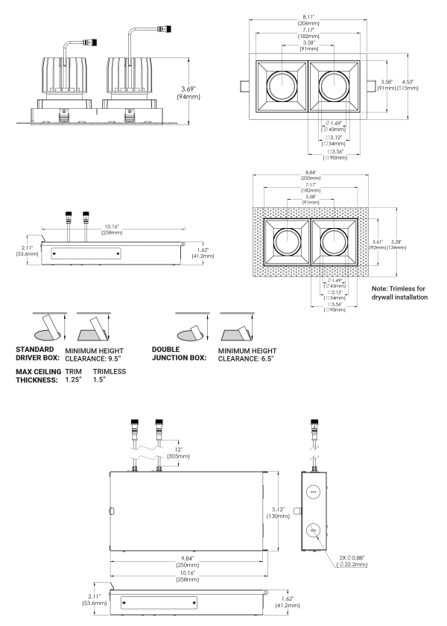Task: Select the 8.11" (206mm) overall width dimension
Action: click(x=308, y=20)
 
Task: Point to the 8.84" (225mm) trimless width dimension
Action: click(x=311, y=175)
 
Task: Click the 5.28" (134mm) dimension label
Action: click(x=396, y=244)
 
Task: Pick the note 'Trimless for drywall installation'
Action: click(x=399, y=293)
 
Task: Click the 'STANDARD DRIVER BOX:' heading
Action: click(x=37, y=354)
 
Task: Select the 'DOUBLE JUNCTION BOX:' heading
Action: click(x=179, y=354)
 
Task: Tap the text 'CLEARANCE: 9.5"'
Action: click(x=93, y=359)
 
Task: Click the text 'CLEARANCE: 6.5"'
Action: click(x=246, y=359)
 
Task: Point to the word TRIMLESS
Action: click(x=110, y=371)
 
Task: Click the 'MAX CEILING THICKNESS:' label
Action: click(x=38, y=376)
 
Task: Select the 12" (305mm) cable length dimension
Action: click(x=179, y=453)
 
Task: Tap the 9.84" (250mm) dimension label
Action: click(x=187, y=561)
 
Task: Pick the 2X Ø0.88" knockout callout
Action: click(x=352, y=561)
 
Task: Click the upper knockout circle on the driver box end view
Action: click(x=313, y=492)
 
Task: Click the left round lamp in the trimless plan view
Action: click(x=287, y=241)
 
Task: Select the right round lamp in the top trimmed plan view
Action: click(x=334, y=86)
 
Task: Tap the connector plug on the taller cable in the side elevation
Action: click(x=165, y=29)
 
